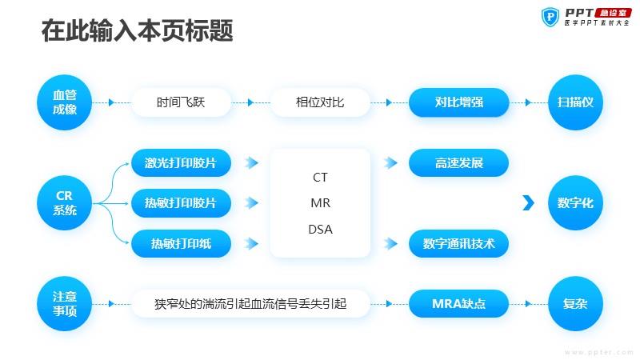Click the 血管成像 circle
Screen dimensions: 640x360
pyautogui.click(x=65, y=102)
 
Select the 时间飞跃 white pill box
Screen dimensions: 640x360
pyautogui.click(x=181, y=102)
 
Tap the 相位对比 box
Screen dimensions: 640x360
pyautogui.click(x=320, y=102)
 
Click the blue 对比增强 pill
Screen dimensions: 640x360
pyautogui.click(x=458, y=102)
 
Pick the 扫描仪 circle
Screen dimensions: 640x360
pyautogui.click(x=575, y=102)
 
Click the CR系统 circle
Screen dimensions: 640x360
pyautogui.click(x=65, y=203)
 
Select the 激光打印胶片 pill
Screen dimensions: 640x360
pyautogui.click(x=181, y=163)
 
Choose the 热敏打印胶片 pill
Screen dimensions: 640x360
pyautogui.click(x=181, y=203)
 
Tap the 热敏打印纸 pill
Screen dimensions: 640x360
pyautogui.click(x=181, y=244)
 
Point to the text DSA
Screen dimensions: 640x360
pyautogui.click(x=321, y=230)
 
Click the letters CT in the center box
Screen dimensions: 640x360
pyautogui.click(x=321, y=177)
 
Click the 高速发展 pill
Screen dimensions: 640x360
pyautogui.click(x=458, y=163)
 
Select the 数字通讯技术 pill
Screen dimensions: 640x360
pyautogui.click(x=458, y=244)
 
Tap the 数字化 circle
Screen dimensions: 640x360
pyautogui.click(x=575, y=203)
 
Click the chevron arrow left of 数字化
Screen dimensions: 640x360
pyautogui.click(x=529, y=203)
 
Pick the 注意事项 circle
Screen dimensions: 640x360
pyautogui.click(x=65, y=304)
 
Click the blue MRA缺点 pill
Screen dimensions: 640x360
pyautogui.click(x=458, y=304)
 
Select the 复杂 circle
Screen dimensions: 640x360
pyautogui.click(x=575, y=304)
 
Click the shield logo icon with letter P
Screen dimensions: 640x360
pyautogui.click(x=550, y=17)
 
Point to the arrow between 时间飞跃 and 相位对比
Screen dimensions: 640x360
pyautogui.click(x=250, y=102)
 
